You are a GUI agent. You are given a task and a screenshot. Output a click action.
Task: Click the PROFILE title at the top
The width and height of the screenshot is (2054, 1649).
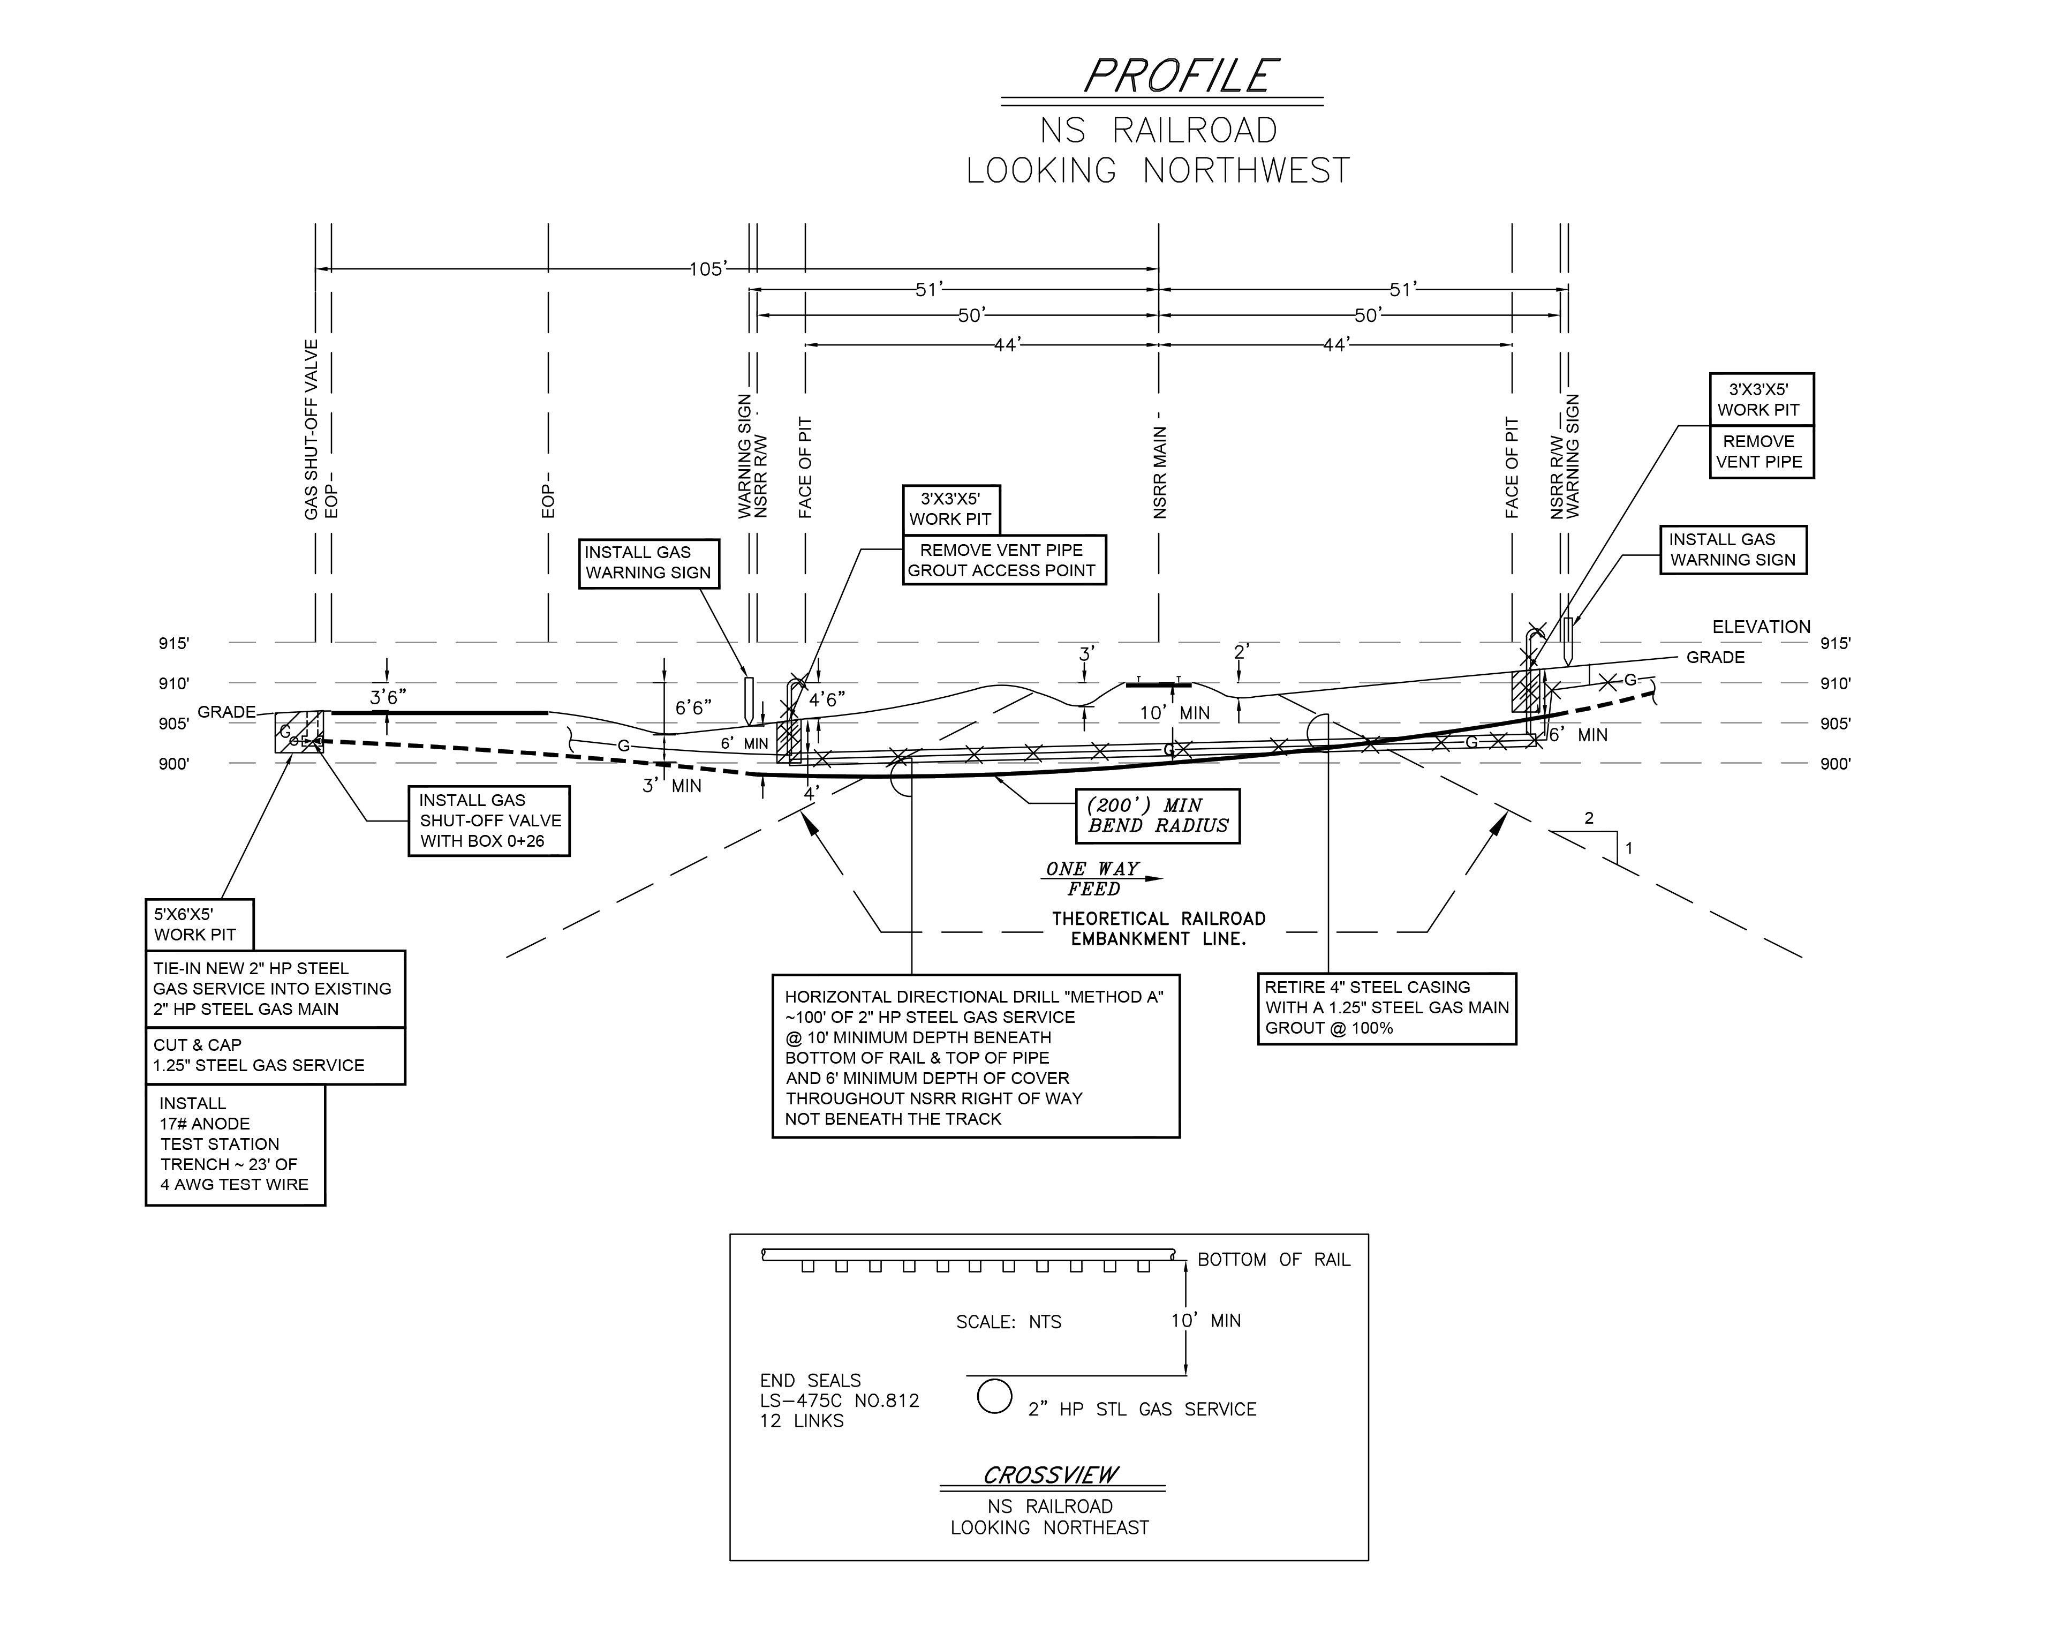pos(1180,76)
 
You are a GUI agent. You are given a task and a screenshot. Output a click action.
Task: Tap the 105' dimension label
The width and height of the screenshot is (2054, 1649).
pos(706,269)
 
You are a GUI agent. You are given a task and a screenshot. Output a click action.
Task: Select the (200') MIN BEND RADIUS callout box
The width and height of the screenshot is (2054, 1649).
pos(1158,816)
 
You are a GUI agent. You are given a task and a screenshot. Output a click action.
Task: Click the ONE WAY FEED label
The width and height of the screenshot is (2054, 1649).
pos(1093,878)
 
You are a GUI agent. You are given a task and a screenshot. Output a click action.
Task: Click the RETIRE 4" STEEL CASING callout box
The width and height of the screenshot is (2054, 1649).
pos(1386,1008)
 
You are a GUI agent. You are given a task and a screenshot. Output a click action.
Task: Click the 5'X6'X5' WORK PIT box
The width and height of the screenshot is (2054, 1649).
pos(199,924)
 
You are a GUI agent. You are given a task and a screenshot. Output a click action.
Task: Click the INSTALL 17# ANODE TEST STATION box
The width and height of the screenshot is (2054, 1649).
pos(235,1144)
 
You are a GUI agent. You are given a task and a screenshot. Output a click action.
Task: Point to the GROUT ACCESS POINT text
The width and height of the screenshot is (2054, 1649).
pos(1001,570)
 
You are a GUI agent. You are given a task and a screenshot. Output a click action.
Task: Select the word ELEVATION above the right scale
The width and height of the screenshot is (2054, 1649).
pos(1761,627)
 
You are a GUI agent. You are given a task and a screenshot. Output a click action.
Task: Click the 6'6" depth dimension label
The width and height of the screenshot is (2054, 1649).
pos(693,708)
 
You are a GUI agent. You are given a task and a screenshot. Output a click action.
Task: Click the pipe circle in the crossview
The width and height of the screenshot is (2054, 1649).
pos(994,1397)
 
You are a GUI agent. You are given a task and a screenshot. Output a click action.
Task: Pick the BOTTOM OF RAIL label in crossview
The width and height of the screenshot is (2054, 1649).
pos(1273,1259)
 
